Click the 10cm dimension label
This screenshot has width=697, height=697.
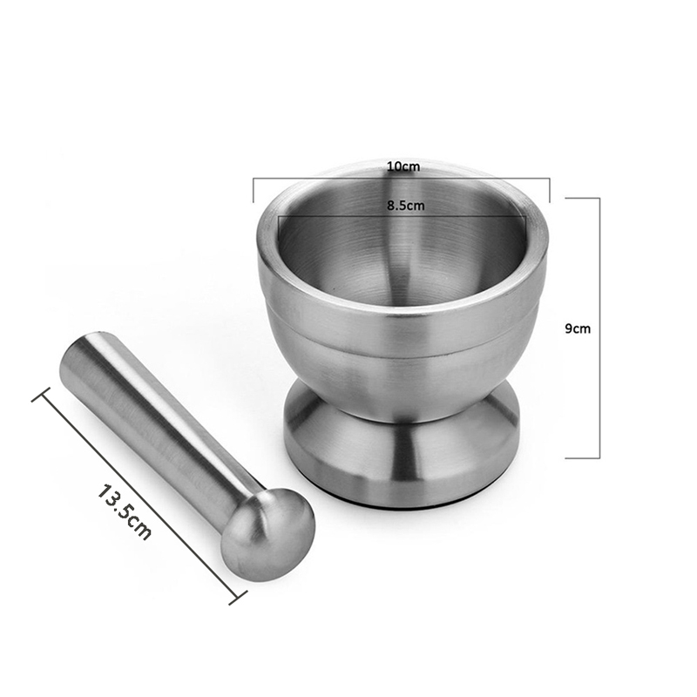(402, 166)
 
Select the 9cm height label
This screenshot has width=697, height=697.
(577, 328)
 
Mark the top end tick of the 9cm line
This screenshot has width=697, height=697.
(583, 198)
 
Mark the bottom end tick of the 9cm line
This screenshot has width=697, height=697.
(583, 457)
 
